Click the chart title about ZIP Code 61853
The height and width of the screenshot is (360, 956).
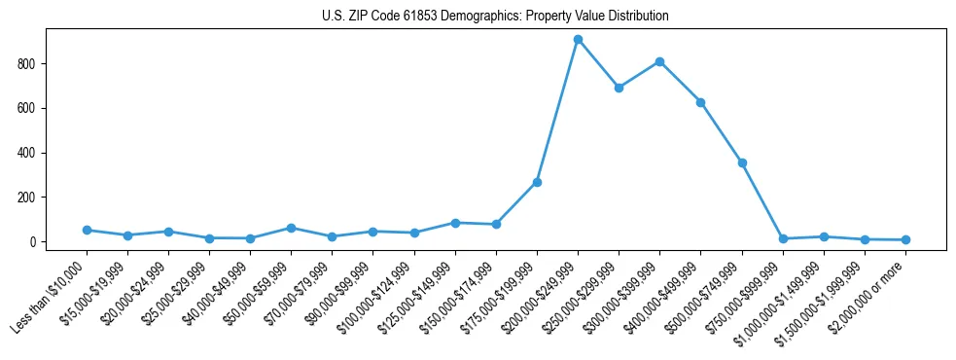coord(495,17)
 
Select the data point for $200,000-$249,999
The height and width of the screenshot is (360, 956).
coord(578,39)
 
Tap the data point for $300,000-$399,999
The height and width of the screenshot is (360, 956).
coord(659,61)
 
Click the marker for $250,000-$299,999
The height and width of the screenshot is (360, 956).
coord(619,88)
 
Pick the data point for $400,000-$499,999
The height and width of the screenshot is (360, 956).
coord(700,102)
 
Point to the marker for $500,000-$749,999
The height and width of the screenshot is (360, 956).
coord(742,162)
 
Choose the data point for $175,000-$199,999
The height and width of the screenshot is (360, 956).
coord(537,182)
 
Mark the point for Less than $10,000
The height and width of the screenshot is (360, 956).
coord(87,230)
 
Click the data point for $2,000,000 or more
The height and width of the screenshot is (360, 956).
coord(905,239)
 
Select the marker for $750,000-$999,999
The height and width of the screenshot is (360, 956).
coord(783,238)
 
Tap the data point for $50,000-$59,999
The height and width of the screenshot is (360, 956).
coord(291,228)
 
